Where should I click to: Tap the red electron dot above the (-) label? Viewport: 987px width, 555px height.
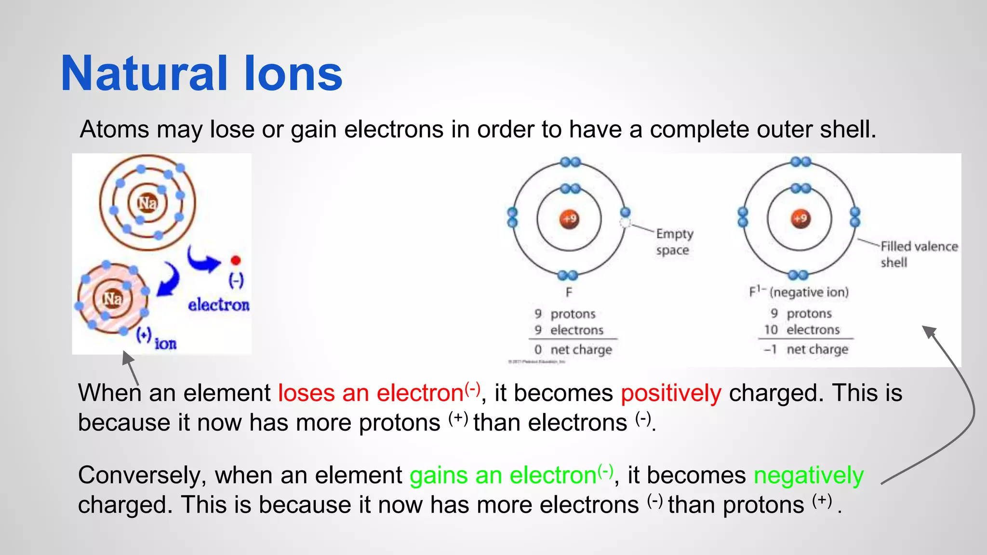[236, 261]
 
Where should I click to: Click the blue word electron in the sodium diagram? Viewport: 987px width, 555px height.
[219, 305]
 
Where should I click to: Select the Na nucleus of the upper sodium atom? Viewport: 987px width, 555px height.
[147, 203]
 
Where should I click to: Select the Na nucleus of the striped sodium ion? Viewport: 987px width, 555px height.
[113, 299]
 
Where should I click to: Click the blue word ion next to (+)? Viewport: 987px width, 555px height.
[165, 344]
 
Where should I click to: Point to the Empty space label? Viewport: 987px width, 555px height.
[674, 242]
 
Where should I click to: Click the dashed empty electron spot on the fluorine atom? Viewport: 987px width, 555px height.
[625, 223]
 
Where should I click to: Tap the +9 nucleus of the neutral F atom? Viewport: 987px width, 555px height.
[569, 219]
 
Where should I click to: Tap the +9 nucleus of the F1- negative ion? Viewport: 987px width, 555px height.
[800, 219]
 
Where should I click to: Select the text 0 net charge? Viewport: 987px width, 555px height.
[573, 350]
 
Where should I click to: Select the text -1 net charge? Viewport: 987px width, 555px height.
[806, 349]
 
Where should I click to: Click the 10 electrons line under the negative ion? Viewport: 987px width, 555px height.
[802, 330]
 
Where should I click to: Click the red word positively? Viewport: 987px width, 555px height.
[671, 393]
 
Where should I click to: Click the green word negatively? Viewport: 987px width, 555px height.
[808, 476]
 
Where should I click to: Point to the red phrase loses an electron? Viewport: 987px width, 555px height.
[371, 393]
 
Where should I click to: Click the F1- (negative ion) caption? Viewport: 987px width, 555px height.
[799, 292]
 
